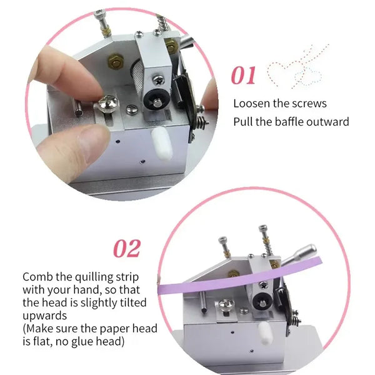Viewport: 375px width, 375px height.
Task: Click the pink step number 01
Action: (243, 75)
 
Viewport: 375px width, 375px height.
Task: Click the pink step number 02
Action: (127, 248)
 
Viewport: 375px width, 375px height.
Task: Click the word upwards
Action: (45, 316)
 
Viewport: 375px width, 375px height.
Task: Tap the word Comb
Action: (37, 277)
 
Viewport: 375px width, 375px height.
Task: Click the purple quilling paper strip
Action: (239, 277)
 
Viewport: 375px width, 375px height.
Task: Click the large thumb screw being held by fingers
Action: (109, 103)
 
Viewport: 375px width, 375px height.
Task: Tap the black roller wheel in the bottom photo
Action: (262, 301)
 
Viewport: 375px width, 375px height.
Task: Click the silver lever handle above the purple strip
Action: (299, 254)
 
